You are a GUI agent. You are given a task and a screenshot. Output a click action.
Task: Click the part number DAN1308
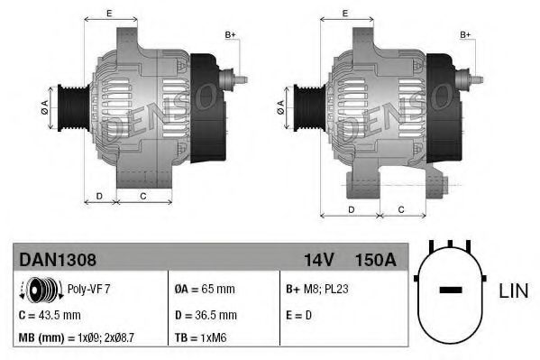(x=58, y=259)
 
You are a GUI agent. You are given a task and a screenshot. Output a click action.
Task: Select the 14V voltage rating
(x=319, y=259)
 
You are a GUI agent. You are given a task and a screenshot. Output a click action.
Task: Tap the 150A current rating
(x=376, y=259)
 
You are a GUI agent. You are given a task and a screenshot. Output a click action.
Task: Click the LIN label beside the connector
(x=512, y=291)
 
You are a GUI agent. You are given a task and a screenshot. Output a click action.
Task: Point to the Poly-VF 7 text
(x=90, y=291)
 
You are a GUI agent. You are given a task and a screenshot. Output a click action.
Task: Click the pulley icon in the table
(x=40, y=291)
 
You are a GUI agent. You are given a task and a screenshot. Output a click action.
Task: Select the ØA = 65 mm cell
(x=204, y=291)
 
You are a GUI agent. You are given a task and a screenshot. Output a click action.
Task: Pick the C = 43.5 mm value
(x=50, y=315)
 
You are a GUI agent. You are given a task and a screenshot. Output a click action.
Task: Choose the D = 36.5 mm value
(x=205, y=315)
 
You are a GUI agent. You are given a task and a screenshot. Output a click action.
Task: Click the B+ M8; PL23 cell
(x=316, y=291)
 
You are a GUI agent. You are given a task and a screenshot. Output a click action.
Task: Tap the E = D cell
(x=299, y=315)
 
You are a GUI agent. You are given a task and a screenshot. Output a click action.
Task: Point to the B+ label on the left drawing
(x=230, y=34)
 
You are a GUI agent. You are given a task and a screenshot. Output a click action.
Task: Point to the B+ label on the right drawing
(x=466, y=34)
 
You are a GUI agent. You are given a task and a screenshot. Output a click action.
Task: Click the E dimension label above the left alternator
(x=109, y=13)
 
